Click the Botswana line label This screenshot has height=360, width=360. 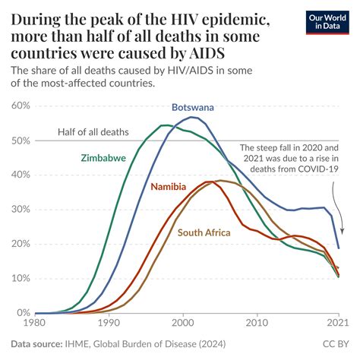(192, 107)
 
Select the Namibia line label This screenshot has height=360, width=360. (171, 187)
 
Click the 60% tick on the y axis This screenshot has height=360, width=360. (22, 106)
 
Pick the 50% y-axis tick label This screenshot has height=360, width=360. (22, 141)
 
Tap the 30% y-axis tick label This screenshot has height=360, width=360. (22, 210)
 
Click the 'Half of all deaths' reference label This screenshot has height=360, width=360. (93, 132)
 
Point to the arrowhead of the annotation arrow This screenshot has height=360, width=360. (337, 233)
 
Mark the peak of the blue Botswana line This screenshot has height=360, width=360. (193, 118)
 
